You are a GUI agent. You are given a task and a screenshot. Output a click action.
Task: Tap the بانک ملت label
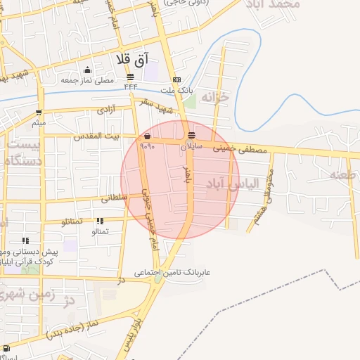tap(176, 90)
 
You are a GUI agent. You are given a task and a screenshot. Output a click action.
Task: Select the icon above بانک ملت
tap(176, 79)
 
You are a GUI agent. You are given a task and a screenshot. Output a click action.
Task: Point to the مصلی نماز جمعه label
tap(87, 80)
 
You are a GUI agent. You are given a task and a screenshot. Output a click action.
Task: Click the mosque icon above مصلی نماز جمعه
tap(87, 70)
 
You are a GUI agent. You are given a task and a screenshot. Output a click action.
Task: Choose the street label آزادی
tap(106, 110)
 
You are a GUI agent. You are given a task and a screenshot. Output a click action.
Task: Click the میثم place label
tap(39, 123)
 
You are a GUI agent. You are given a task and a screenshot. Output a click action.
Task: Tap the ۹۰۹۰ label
tap(147, 147)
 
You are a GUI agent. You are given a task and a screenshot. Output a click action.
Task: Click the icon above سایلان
tap(192, 136)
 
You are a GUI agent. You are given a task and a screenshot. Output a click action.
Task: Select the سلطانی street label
tap(115, 198)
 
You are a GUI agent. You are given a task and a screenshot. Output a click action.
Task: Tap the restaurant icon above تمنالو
tap(100, 221)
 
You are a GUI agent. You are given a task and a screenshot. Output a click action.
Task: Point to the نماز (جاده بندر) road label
tap(75, 329)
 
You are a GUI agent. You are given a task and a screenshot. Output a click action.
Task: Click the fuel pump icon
tap(6, 347)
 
